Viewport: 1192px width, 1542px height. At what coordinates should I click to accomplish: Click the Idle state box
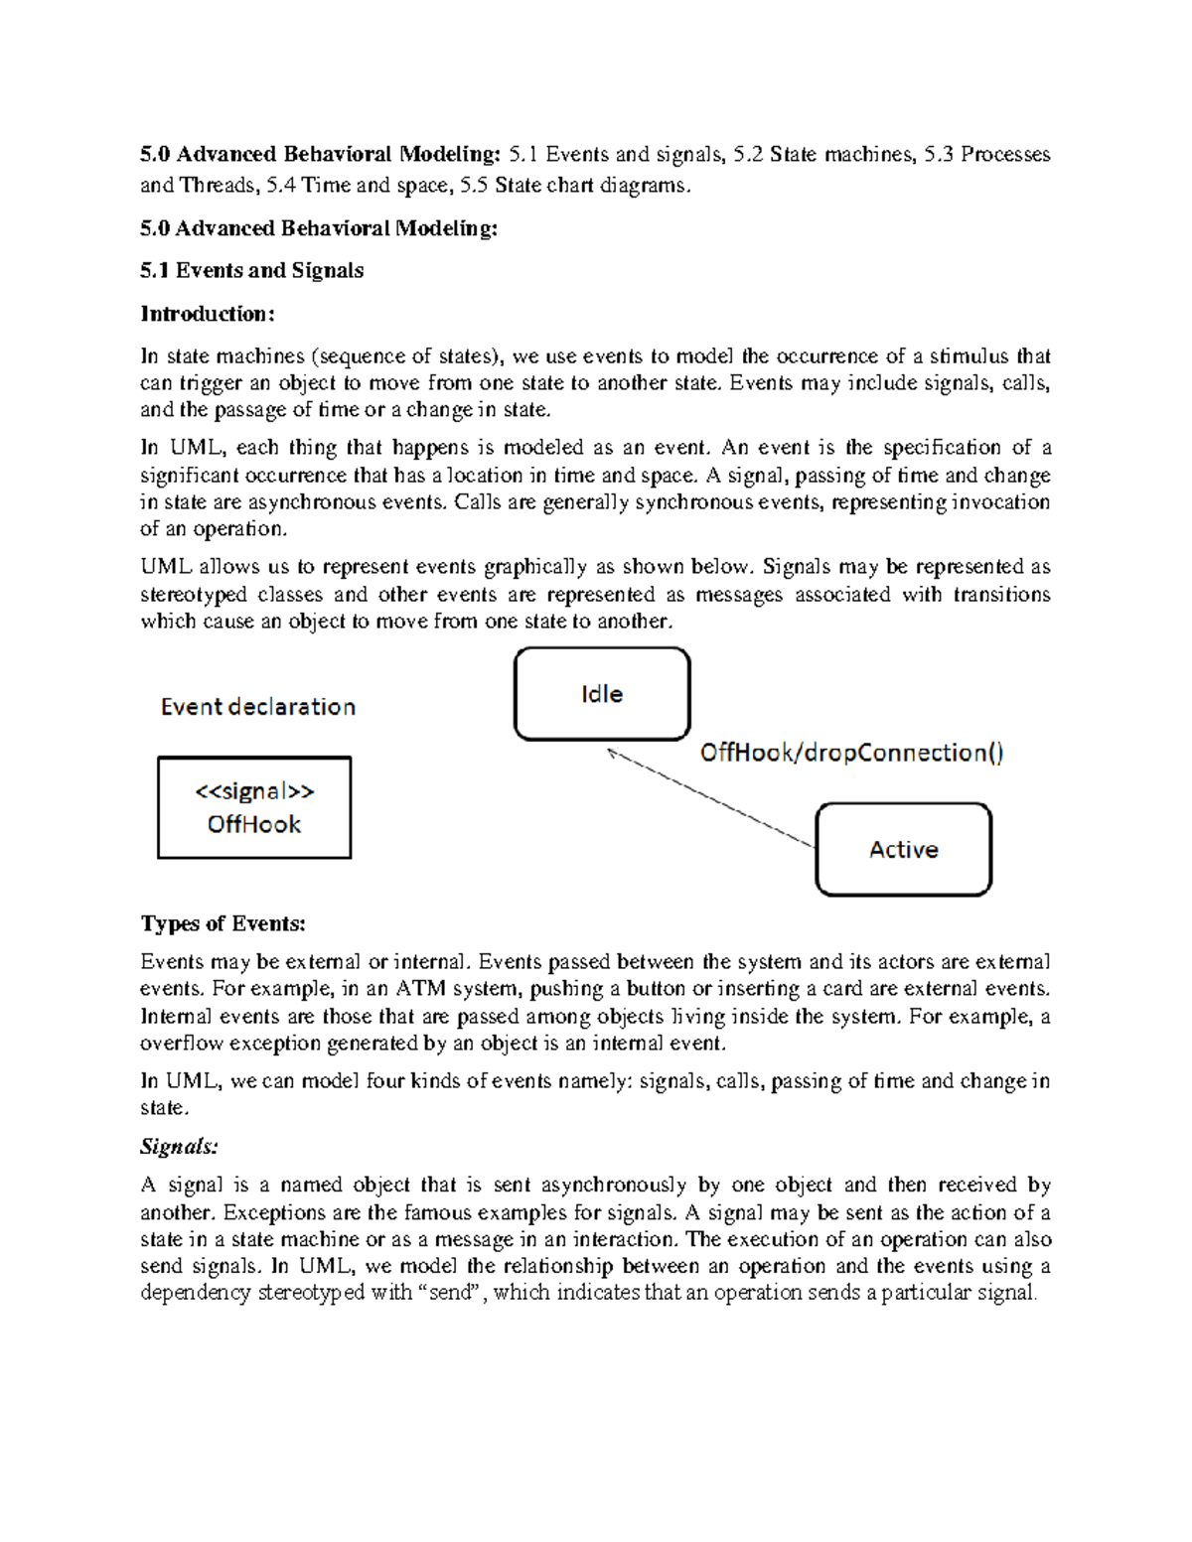click(x=602, y=694)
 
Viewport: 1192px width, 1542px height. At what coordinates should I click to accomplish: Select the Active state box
click(x=903, y=850)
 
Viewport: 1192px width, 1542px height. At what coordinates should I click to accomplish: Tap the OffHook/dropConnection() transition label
click(x=851, y=753)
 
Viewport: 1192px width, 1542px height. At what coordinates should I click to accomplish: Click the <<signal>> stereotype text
click(x=254, y=791)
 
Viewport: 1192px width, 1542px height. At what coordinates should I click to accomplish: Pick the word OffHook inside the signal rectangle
click(x=254, y=824)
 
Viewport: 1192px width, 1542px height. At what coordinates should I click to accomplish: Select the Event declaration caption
click(x=258, y=707)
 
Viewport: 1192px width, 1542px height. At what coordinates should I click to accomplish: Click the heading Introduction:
click(x=207, y=314)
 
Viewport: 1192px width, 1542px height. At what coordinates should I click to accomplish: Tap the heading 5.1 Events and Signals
click(x=251, y=270)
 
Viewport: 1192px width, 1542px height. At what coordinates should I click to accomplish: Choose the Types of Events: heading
click(x=223, y=923)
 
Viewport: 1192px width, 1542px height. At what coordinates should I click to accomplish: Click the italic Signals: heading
click(x=179, y=1147)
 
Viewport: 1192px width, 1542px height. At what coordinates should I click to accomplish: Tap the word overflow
click(x=182, y=1044)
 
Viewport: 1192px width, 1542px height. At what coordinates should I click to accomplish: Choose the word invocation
click(x=1000, y=502)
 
